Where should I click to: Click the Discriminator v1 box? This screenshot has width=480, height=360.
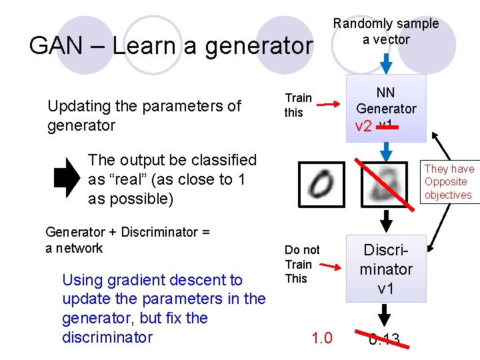385,268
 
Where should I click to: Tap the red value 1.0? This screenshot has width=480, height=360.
321,338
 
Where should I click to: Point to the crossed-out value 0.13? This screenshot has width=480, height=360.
385,341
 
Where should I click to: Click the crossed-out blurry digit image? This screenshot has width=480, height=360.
385,182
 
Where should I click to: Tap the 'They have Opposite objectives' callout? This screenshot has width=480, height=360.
449,182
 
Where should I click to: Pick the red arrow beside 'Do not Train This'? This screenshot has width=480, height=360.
323,265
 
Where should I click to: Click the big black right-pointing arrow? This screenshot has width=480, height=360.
66,179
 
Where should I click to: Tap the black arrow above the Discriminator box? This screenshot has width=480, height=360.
385,221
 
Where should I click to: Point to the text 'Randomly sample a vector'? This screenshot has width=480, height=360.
386,31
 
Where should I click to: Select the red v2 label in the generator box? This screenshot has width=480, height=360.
363,127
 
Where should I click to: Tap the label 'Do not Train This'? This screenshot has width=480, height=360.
302,264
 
